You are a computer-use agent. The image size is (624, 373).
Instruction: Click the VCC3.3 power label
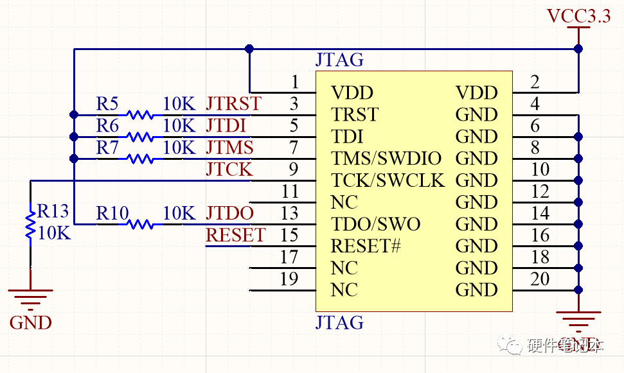(x=578, y=16)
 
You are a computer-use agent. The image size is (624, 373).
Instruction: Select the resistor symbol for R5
(x=139, y=115)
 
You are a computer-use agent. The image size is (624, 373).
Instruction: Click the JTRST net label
(x=233, y=103)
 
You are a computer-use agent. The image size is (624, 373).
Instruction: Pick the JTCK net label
(x=229, y=170)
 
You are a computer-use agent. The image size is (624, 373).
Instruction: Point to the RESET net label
(x=235, y=236)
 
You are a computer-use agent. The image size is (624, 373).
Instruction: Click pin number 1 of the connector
(x=294, y=82)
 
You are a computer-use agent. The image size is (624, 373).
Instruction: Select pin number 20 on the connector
(x=540, y=279)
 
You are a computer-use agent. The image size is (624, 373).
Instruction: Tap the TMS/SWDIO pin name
(x=386, y=159)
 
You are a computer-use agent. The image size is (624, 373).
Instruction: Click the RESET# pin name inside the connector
(x=366, y=246)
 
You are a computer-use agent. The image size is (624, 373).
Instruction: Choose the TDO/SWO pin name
(x=375, y=224)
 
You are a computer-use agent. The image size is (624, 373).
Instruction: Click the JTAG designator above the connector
(x=339, y=60)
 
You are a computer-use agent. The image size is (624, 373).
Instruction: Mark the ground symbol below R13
(x=30, y=297)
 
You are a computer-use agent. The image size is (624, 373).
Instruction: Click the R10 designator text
(x=112, y=213)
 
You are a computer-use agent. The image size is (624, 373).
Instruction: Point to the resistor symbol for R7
(x=139, y=159)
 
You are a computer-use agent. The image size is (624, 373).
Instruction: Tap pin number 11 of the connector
(x=290, y=191)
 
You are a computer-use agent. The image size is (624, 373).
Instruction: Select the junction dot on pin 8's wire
(x=578, y=159)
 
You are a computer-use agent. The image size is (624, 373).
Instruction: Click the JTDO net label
(x=229, y=213)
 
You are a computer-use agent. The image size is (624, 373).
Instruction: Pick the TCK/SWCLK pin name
(x=388, y=180)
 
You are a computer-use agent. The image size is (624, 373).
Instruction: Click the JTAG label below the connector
(x=339, y=322)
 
